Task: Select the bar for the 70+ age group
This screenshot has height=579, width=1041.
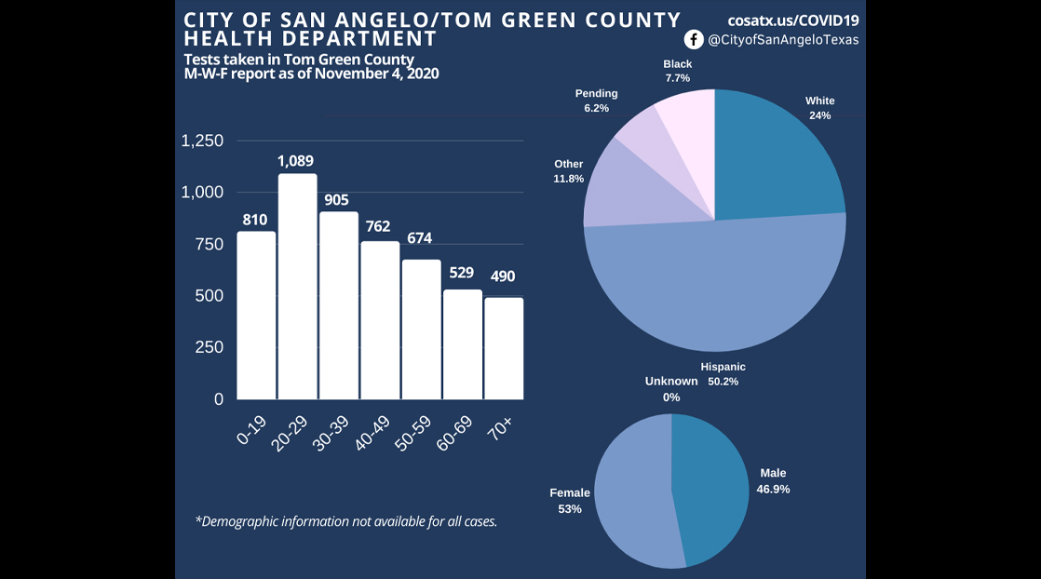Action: [x=504, y=348]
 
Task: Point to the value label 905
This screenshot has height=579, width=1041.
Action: [x=337, y=199]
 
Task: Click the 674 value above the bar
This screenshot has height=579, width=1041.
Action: [x=419, y=238]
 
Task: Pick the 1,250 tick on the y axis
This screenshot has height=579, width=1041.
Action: [x=202, y=141]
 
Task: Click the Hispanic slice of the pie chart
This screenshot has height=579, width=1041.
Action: [x=717, y=289]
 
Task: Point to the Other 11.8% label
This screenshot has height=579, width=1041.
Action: [x=568, y=170]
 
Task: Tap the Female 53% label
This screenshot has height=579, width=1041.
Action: [x=570, y=501]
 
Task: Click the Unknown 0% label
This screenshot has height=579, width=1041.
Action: [x=671, y=389]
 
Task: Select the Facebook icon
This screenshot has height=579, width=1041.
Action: [x=694, y=39]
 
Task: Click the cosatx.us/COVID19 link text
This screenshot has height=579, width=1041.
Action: [x=793, y=19]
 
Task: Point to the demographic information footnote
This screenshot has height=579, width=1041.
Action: [x=346, y=521]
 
